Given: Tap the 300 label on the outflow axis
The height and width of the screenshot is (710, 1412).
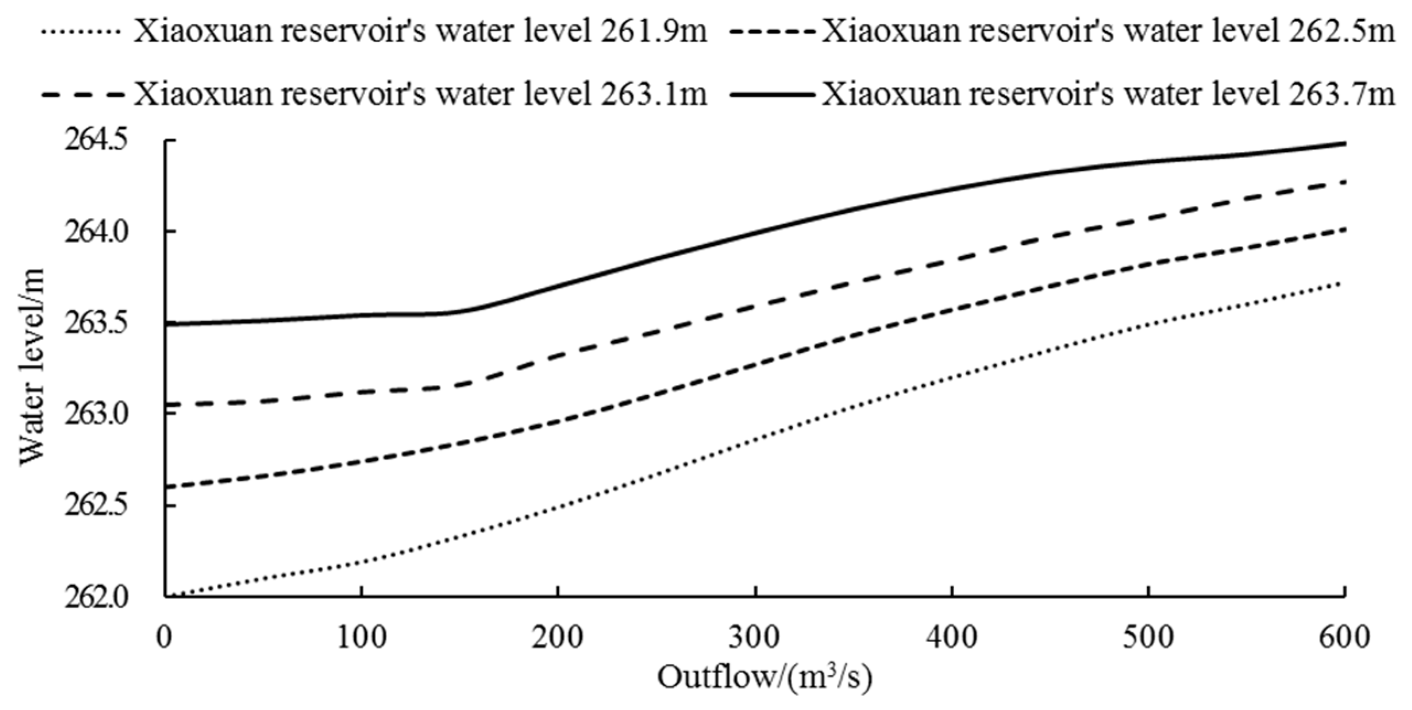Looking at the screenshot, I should click(755, 637).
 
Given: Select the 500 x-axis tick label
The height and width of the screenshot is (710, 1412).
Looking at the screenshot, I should click(1148, 637).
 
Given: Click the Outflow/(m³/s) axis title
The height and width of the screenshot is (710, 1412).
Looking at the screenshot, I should click(764, 677).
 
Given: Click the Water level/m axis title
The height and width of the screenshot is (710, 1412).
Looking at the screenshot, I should click(32, 367).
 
